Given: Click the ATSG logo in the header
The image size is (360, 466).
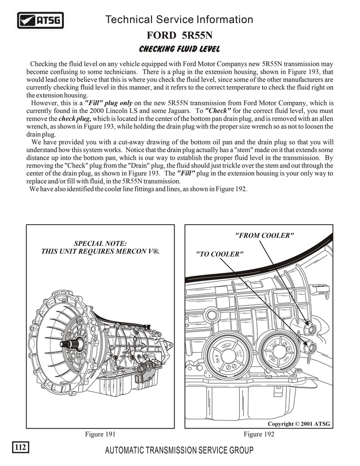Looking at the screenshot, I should pos(40,20).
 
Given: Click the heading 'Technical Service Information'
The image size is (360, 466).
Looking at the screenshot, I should pos(179,19).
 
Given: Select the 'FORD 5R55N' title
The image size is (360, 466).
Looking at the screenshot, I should pos(179,35).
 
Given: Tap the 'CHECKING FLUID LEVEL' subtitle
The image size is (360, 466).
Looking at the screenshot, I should pos(179,48).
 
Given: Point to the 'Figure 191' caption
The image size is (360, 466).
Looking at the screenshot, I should pos(100,434).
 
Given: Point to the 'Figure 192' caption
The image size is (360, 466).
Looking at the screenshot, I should pos(259,434).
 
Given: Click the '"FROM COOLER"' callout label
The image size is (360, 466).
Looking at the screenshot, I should pos(264,235).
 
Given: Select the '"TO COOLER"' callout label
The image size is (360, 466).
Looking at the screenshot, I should pos(220,254).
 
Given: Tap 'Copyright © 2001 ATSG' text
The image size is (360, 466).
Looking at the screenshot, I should pos(299,424).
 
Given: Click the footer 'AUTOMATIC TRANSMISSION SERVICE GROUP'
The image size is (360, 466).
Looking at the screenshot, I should pos(179,450).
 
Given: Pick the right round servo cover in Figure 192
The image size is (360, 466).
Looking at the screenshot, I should pos(276,352).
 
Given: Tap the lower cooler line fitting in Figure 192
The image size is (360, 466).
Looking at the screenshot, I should pos(309,346).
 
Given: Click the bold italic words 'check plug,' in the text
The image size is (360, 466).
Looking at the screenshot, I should pos(75,118).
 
